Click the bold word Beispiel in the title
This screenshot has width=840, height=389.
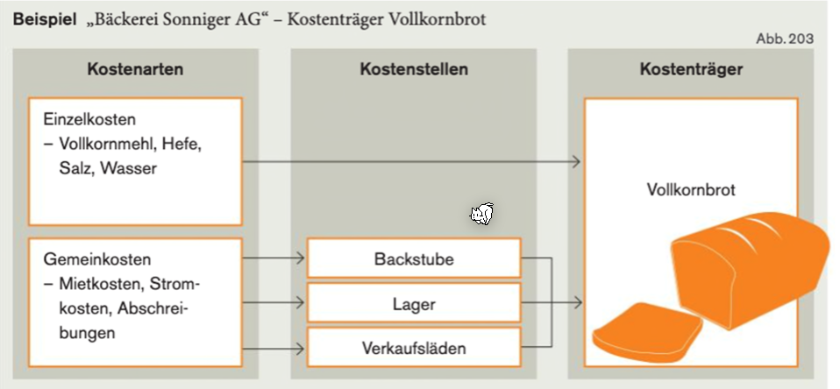click(x=41, y=18)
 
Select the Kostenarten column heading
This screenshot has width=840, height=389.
click(x=135, y=69)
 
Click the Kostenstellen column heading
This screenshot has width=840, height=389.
click(x=414, y=69)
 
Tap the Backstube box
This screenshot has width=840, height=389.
click(x=414, y=259)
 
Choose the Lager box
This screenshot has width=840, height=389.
click(x=414, y=304)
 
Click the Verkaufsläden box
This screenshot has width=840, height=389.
click(x=414, y=348)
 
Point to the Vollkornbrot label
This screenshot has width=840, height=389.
click(x=691, y=189)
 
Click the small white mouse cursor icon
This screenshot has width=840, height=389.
click(x=482, y=213)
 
